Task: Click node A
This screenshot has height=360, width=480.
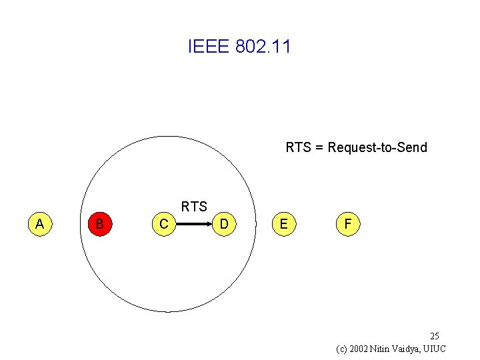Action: [39, 224]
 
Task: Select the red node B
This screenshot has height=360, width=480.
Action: [99, 224]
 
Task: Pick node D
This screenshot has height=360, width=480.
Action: [225, 225]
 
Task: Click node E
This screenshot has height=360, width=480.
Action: [284, 224]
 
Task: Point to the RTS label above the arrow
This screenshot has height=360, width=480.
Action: [194, 207]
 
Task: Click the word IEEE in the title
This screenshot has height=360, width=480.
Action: [209, 47]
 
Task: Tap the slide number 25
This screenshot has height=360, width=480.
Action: [434, 335]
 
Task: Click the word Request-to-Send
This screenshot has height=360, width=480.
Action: [377, 147]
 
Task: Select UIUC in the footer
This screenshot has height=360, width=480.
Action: [435, 349]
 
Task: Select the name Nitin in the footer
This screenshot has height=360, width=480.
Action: [383, 349]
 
